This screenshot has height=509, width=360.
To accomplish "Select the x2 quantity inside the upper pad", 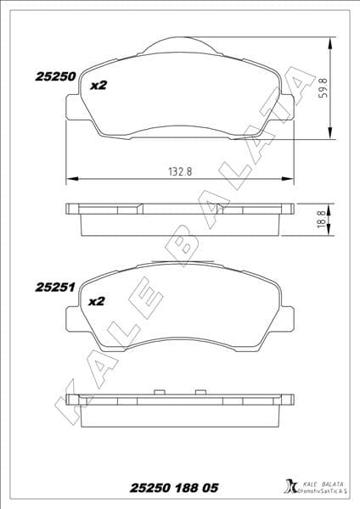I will [98, 84].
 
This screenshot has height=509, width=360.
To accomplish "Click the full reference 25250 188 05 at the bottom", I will [173, 488].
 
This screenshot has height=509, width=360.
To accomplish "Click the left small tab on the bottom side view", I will [158, 393].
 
